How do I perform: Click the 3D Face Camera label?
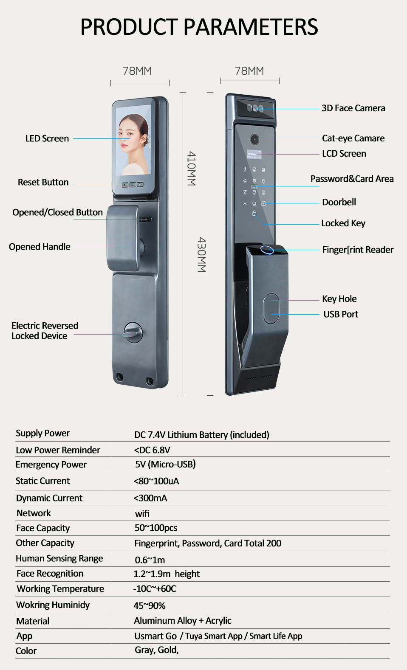pyautogui.click(x=353, y=108)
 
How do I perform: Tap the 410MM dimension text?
pyautogui.click(x=192, y=169)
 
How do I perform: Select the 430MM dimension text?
pyautogui.click(x=202, y=255)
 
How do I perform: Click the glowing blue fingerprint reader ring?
pyautogui.click(x=267, y=249)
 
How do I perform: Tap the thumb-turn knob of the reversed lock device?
pyautogui.click(x=133, y=332)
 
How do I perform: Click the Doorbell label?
pyautogui.click(x=339, y=202)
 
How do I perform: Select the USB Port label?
pyautogui.click(x=340, y=314)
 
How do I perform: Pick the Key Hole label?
pyautogui.click(x=339, y=299)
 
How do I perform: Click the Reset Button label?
pyautogui.click(x=43, y=182)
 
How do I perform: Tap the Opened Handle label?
pyautogui.click(x=40, y=247)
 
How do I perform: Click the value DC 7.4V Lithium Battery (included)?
pyautogui.click(x=201, y=435)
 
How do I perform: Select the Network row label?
pyautogui.click(x=34, y=513)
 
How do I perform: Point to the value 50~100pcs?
pyautogui.click(x=155, y=528)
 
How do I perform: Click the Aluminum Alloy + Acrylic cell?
pyautogui.click(x=183, y=621)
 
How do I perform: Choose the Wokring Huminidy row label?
pyautogui.click(x=53, y=605)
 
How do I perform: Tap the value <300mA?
pyautogui.click(x=150, y=498)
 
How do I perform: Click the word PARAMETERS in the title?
pyautogui.click(x=251, y=27)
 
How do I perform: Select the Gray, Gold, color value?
pyautogui.click(x=156, y=650)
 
